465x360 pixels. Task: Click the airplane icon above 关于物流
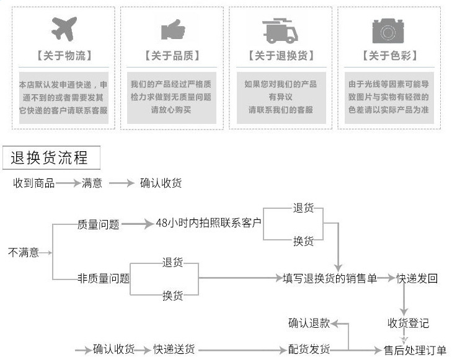(x=64, y=29)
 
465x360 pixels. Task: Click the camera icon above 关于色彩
(x=388, y=29)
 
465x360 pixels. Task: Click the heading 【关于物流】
(x=64, y=56)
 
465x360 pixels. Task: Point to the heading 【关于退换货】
(x=281, y=56)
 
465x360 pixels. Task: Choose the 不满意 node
(x=23, y=253)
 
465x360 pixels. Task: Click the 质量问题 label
(x=98, y=224)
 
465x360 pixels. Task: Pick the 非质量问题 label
(x=104, y=278)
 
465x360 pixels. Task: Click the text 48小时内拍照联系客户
(x=208, y=223)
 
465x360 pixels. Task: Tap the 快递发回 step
(x=417, y=278)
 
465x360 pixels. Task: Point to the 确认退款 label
(x=309, y=323)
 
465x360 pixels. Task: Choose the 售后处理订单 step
(x=415, y=350)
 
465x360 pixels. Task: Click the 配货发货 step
(x=309, y=349)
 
